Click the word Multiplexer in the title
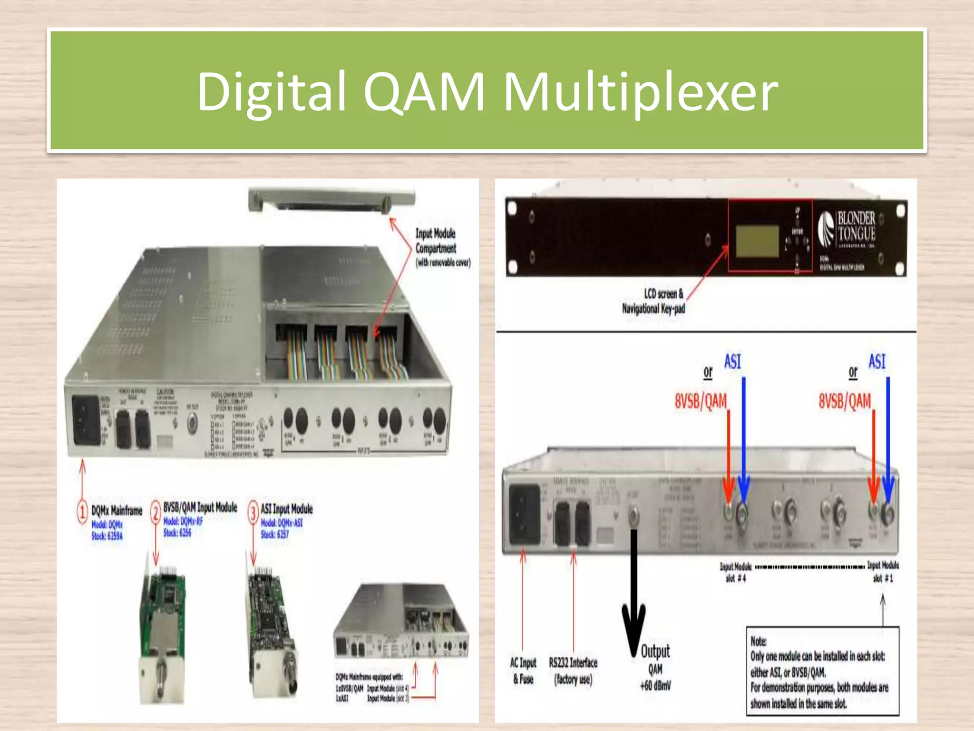(x=640, y=91)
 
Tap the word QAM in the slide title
(x=423, y=91)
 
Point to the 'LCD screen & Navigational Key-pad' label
(x=653, y=301)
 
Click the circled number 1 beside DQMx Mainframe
(x=82, y=512)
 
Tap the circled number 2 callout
(x=156, y=513)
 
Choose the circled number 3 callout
(x=253, y=513)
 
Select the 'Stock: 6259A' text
(x=107, y=536)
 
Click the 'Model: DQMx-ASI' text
(x=282, y=523)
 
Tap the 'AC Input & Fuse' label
(x=523, y=671)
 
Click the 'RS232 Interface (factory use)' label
(x=573, y=671)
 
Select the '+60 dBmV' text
(x=655, y=686)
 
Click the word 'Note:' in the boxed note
(x=759, y=641)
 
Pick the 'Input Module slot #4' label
(x=735, y=572)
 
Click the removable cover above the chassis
(x=332, y=200)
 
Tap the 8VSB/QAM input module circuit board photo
(x=162, y=633)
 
